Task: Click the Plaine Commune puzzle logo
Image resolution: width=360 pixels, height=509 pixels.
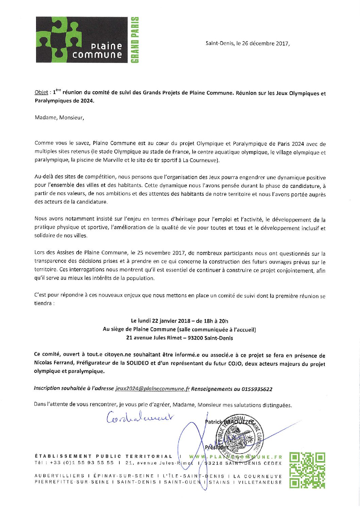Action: (x=82, y=40)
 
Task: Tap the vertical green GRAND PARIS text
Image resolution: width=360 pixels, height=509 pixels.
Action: (x=135, y=40)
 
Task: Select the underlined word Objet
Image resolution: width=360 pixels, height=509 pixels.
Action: (x=41, y=93)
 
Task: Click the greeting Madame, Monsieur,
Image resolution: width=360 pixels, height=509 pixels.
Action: (x=59, y=118)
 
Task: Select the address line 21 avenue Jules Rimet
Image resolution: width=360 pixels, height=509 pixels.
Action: (x=154, y=338)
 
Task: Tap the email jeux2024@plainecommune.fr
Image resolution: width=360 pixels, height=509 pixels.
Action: (x=152, y=389)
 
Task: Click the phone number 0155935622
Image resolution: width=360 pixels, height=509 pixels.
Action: (x=257, y=389)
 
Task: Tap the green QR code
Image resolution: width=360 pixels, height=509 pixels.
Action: (x=307, y=470)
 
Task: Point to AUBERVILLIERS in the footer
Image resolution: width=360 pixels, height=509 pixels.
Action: (x=60, y=476)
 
